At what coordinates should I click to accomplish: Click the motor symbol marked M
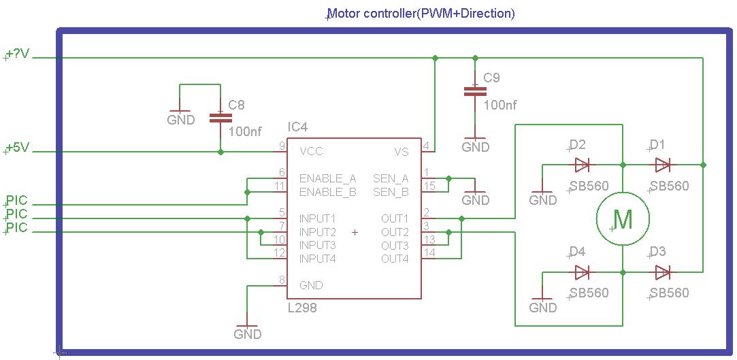point(623,219)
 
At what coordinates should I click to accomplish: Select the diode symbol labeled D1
point(663,165)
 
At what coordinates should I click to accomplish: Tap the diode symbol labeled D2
point(582,165)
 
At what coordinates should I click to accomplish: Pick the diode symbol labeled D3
point(663,272)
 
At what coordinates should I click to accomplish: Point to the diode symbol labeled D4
point(582,272)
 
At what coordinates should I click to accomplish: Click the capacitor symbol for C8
point(220,117)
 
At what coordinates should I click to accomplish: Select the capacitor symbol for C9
point(474,91)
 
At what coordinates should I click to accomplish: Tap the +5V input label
point(17,148)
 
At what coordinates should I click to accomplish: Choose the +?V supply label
point(17,54)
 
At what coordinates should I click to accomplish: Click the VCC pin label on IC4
point(311,151)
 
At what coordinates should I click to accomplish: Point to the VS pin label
point(402,151)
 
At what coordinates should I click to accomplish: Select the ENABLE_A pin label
point(327,178)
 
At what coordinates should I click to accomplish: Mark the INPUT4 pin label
point(317,259)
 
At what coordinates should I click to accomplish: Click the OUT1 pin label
point(395,218)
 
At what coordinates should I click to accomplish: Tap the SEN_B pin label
point(391,192)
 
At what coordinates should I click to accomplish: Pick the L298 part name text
point(301,308)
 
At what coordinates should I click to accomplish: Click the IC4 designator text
point(297,127)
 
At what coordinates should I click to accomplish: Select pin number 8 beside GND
point(282,280)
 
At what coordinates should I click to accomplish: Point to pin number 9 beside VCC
point(282,146)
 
